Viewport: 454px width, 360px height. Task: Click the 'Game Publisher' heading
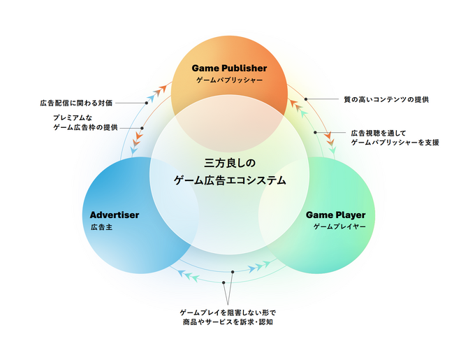229,68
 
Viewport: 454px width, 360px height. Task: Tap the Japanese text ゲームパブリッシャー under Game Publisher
229,80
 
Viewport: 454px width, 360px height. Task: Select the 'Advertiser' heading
115,215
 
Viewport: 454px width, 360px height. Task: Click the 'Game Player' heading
335,215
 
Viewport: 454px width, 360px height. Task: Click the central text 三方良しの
230,163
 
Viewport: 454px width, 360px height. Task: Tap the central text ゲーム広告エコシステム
230,180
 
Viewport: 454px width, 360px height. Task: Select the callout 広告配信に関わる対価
76,103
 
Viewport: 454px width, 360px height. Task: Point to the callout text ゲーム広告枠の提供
85,127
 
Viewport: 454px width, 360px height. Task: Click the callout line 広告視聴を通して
378,132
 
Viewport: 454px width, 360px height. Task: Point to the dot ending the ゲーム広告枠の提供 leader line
142,128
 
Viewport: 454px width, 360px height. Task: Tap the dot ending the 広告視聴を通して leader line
316,132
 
